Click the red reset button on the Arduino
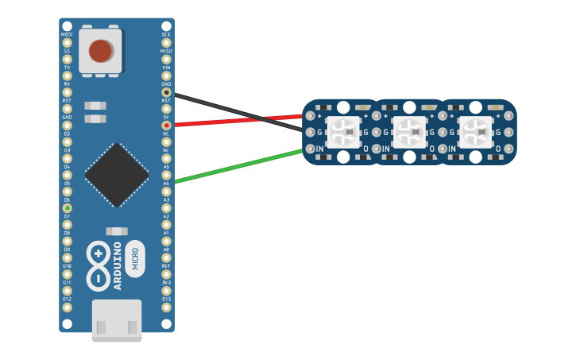[100, 51]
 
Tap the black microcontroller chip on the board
[117, 175]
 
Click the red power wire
[238, 120]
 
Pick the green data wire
[238, 166]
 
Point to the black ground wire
[238, 109]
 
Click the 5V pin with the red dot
[166, 125]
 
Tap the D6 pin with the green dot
[67, 208]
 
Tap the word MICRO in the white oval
[135, 259]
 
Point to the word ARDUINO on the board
[118, 265]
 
